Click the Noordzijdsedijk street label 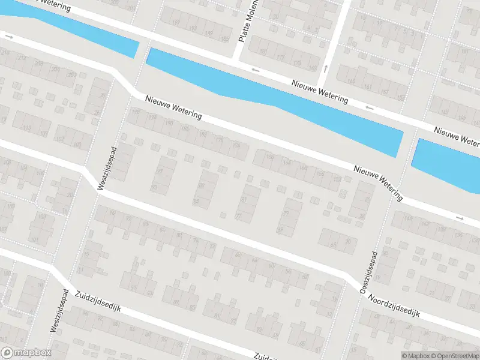[395, 306]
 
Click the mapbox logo [26, 353]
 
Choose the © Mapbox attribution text [415, 355]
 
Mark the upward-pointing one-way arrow [325, 68]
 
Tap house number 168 [269, 157]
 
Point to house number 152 [338, 178]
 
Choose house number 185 [224, 39]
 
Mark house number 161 [367, 88]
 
